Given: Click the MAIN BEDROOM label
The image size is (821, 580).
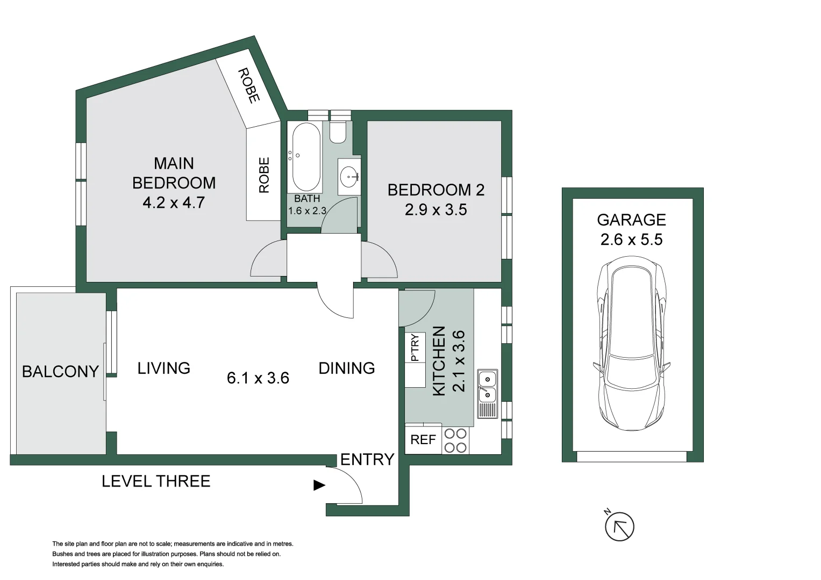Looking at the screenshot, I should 174,173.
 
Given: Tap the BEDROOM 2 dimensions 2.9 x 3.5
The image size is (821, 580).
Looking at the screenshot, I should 436,210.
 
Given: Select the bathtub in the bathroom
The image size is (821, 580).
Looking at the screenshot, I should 306,157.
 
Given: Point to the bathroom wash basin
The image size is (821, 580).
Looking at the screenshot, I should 349,176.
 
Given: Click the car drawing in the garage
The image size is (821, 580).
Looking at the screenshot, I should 632,344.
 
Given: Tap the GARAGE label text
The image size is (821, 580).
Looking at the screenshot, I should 631,220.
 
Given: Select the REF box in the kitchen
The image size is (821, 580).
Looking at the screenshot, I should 423,440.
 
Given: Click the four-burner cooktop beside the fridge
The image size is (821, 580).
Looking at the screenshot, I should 455,440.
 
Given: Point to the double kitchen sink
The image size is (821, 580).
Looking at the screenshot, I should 487,387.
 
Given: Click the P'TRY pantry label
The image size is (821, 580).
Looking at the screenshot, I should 415,347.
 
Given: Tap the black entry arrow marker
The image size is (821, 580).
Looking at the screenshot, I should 319,485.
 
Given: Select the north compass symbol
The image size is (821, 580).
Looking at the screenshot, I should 619,526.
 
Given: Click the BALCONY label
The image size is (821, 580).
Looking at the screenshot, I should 60,371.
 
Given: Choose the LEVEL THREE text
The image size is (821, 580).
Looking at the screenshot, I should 156,481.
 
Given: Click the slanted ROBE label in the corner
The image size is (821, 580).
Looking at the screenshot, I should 248,85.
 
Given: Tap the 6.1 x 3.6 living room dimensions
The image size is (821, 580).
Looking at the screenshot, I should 258,378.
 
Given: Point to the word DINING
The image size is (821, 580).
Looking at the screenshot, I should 347,368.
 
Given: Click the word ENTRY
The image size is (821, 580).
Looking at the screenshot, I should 367,460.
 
